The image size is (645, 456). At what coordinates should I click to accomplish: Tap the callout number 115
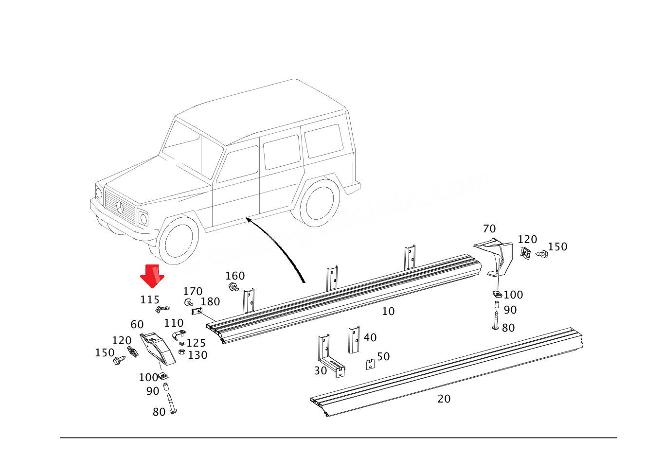[150, 299]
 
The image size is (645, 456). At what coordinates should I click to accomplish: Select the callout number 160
[235, 276]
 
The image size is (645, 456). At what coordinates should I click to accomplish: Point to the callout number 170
[193, 292]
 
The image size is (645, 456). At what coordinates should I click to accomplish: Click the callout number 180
[210, 302]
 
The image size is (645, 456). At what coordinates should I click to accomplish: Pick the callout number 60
[137, 325]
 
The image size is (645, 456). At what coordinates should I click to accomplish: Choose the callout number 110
[174, 323]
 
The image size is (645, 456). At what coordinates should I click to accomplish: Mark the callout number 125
[197, 343]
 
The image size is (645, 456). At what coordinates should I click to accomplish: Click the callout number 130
[197, 355]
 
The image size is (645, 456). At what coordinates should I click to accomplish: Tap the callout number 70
[489, 229]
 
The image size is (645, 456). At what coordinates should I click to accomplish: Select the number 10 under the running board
[388, 312]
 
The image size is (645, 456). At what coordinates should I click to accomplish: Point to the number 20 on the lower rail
[444, 399]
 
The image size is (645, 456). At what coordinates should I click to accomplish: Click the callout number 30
[321, 371]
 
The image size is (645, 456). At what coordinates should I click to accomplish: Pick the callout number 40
[370, 338]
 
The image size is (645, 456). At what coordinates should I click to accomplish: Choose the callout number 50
[383, 357]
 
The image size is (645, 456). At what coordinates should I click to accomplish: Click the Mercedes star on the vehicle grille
[120, 208]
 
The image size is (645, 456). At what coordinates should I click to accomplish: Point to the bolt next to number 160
[234, 287]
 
